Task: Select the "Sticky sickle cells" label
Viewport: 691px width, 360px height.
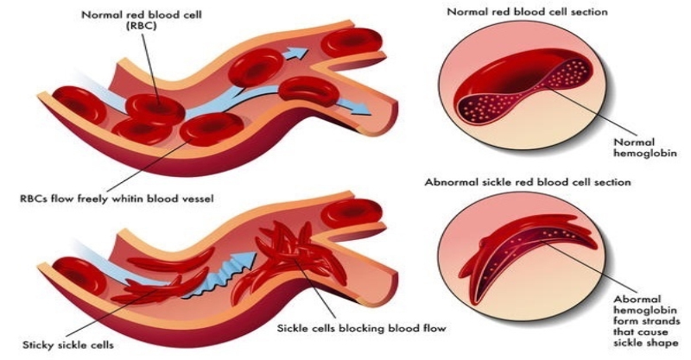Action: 54,345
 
